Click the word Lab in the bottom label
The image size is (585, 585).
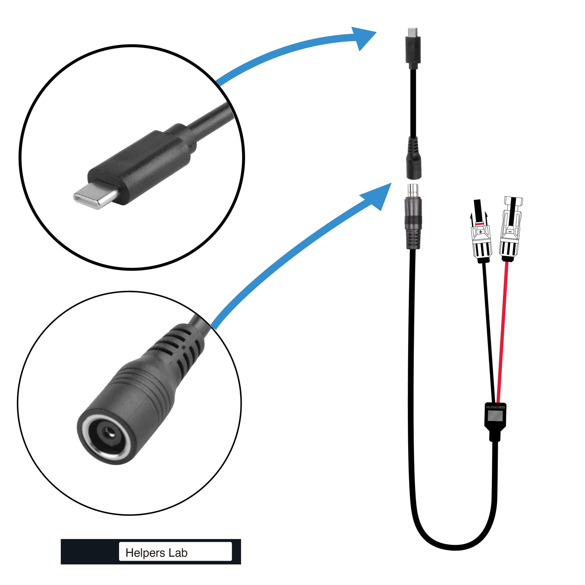[178, 553]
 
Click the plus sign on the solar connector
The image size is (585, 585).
[480, 232]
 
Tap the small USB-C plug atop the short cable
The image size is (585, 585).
[412, 49]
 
